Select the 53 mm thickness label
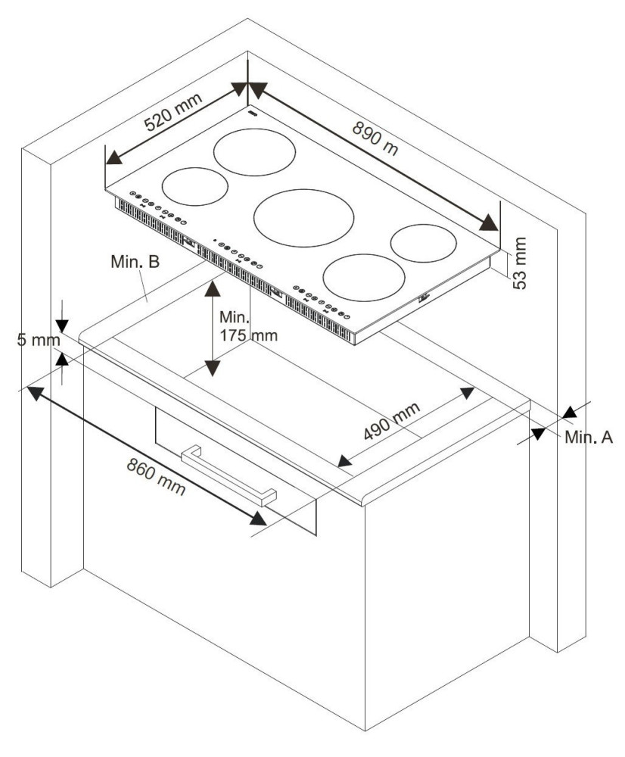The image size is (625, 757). (x=519, y=263)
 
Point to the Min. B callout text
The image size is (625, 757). (x=135, y=261)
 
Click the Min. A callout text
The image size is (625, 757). (x=589, y=437)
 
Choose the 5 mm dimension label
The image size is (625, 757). (x=39, y=339)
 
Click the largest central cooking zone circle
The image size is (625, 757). (x=304, y=218)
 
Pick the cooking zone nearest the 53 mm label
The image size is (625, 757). (x=423, y=243)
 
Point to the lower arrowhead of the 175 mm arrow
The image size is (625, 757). (x=212, y=368)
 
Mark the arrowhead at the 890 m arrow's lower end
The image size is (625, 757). (x=488, y=223)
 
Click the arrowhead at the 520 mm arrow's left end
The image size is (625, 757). (x=114, y=157)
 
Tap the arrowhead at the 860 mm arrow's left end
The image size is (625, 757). (x=36, y=392)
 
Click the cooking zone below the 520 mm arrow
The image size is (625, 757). (x=195, y=186)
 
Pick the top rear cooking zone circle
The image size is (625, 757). (x=254, y=152)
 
